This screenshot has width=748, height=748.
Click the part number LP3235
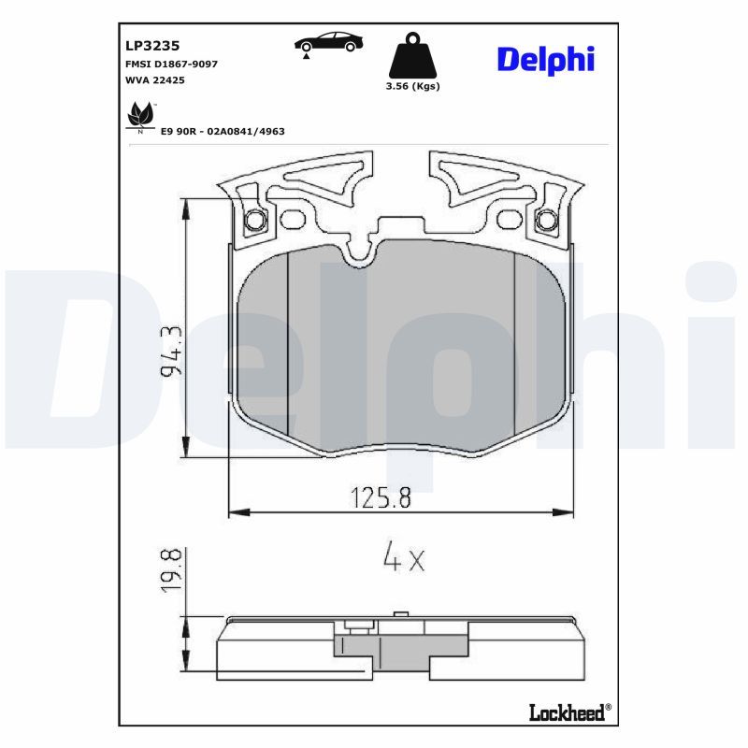click(152, 44)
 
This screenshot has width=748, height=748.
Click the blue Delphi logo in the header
click(545, 59)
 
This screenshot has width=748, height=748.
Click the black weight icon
click(412, 57)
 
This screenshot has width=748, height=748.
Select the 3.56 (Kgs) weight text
click(412, 86)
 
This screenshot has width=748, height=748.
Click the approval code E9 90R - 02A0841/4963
click(223, 132)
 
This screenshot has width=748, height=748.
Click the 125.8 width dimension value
click(381, 497)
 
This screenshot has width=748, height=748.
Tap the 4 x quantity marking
click(403, 559)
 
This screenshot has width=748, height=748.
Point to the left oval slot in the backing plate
click(294, 219)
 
